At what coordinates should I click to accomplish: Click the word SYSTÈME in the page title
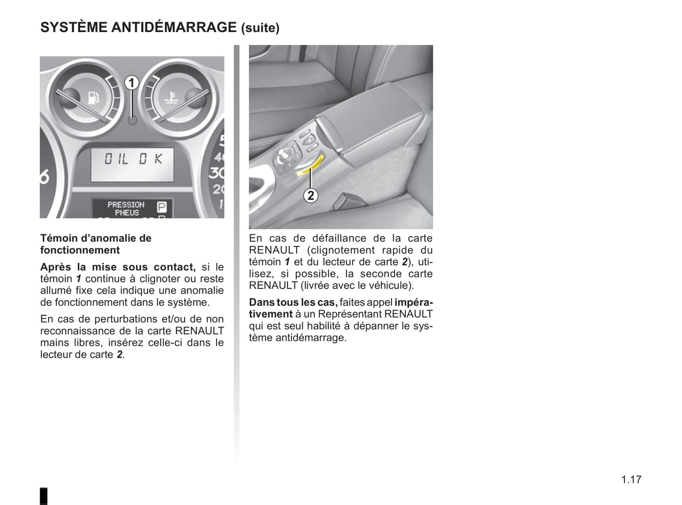coord(74,27)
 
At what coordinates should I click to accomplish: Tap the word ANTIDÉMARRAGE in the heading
coord(174,27)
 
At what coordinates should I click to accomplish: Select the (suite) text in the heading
coord(260,28)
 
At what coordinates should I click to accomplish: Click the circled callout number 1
coord(132,83)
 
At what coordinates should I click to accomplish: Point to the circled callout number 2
coord(311,195)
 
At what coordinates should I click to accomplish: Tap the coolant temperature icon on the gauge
coord(170,99)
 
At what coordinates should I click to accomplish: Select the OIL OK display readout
coord(133,160)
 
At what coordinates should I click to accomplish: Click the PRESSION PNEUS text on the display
coord(126,209)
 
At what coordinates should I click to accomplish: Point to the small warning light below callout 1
coord(133,120)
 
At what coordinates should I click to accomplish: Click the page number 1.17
coord(631,480)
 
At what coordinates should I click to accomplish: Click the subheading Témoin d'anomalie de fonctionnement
coord(95,244)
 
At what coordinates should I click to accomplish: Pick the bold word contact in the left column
coord(174,267)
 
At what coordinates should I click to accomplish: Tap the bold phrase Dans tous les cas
coord(293,303)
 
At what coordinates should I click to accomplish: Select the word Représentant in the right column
coord(349,314)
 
